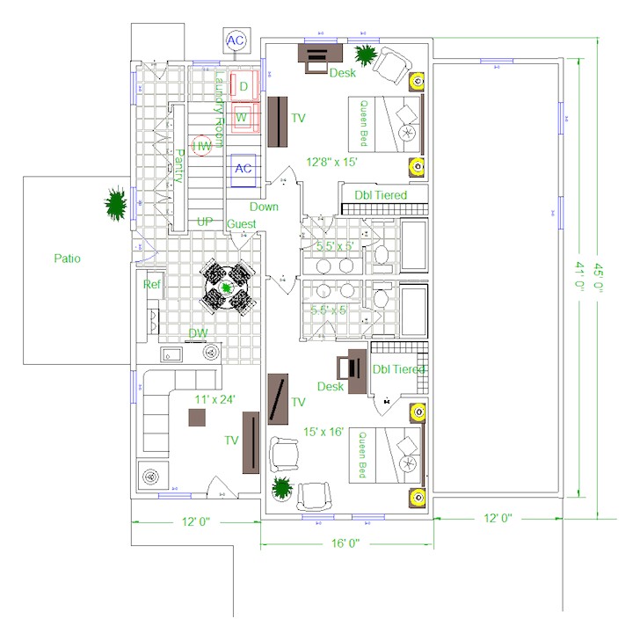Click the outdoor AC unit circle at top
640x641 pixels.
[236, 40]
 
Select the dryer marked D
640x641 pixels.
[244, 86]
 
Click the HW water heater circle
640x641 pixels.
[203, 146]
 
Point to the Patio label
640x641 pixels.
[67, 259]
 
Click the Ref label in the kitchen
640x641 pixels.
[152, 284]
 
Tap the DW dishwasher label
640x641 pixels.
[198, 333]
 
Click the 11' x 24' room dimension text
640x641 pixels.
[215, 400]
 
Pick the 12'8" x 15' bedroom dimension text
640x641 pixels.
[331, 162]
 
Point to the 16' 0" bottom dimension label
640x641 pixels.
[347, 543]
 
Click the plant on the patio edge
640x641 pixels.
[116, 204]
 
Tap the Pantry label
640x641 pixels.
[178, 164]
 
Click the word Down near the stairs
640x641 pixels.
[264, 207]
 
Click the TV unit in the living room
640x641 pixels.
[251, 444]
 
